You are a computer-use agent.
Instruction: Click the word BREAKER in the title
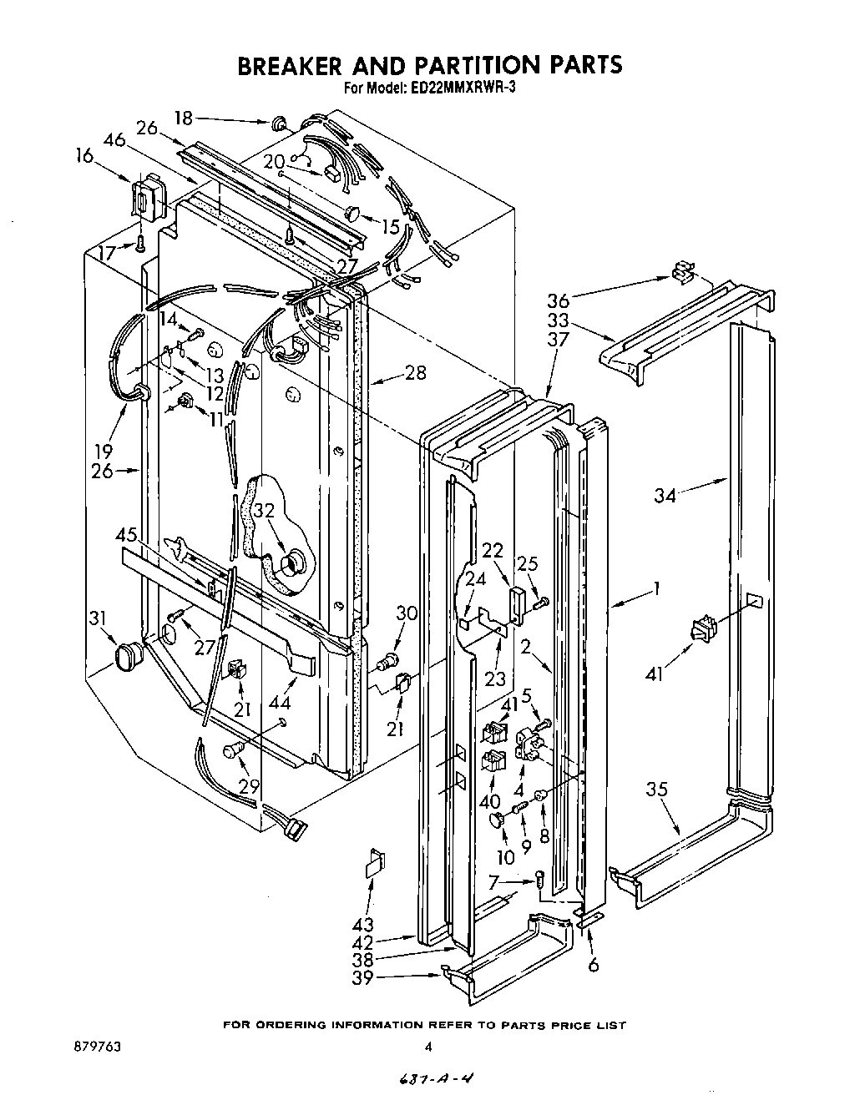(x=307, y=65)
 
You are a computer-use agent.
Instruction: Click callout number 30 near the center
(x=407, y=613)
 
